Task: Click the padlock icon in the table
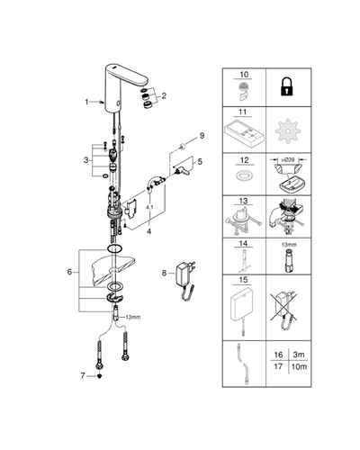(x=287, y=87)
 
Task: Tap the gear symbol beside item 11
(x=287, y=131)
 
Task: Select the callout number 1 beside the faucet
(x=86, y=102)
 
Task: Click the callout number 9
(x=202, y=136)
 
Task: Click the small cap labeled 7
(x=99, y=376)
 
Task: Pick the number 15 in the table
(x=244, y=280)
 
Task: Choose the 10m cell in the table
(x=299, y=366)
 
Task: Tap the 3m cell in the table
(x=299, y=355)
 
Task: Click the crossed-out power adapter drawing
(x=283, y=310)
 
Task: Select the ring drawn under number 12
(x=244, y=175)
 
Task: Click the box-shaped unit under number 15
(x=243, y=304)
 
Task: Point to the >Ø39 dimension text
(x=288, y=159)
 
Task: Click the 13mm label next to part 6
(x=133, y=317)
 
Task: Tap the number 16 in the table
(x=278, y=355)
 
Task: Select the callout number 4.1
(x=149, y=207)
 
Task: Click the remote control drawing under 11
(x=245, y=134)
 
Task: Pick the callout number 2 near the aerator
(x=164, y=96)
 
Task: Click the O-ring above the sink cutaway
(x=114, y=248)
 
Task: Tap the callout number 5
(x=200, y=161)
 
